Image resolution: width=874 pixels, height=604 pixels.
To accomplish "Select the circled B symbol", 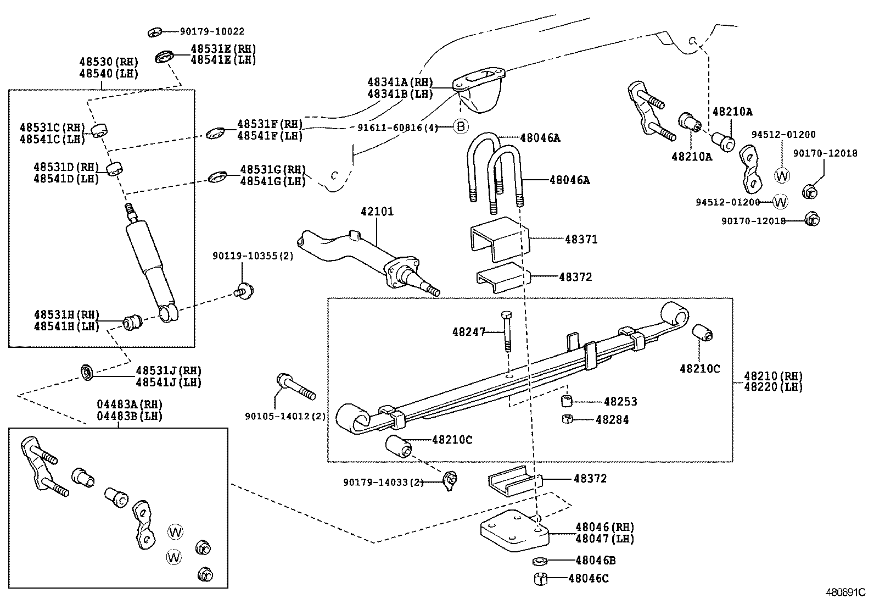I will coord(461,127).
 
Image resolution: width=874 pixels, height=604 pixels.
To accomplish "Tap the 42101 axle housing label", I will coord(377,212).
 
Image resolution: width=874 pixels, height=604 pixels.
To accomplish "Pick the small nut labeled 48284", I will coord(568,420).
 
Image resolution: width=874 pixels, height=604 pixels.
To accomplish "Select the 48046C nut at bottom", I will coord(540,578).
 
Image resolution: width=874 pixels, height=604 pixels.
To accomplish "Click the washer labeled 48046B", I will coord(539,561).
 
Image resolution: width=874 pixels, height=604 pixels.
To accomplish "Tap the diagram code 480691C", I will coord(845,592).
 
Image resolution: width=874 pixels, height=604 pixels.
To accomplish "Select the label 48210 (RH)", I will coord(773,376).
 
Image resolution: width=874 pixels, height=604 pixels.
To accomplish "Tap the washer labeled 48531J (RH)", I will coord(87,372).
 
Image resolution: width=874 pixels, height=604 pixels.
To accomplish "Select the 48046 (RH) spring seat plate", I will coord(513,530).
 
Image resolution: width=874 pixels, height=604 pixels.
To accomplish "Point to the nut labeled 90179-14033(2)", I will coord(450,480).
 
